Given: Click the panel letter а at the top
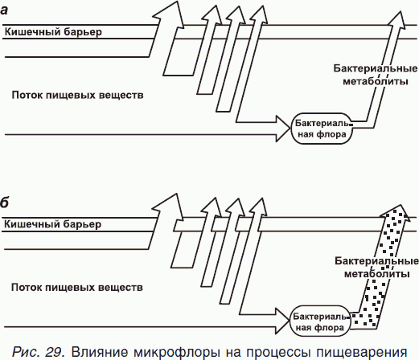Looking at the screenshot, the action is (4, 10).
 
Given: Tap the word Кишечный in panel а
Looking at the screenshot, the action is (32, 31).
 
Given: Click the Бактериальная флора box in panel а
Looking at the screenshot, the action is (322, 129).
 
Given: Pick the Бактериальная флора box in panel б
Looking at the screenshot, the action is (320, 321).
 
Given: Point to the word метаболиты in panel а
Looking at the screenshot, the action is (376, 81).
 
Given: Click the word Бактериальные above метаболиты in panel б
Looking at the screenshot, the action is (376, 260).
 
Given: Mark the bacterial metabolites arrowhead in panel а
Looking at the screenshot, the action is (398, 18).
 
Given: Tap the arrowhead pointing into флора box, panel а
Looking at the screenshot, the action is (283, 129).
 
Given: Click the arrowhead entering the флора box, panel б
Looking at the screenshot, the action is (282, 321).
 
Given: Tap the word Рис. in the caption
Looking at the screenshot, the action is (27, 352).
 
